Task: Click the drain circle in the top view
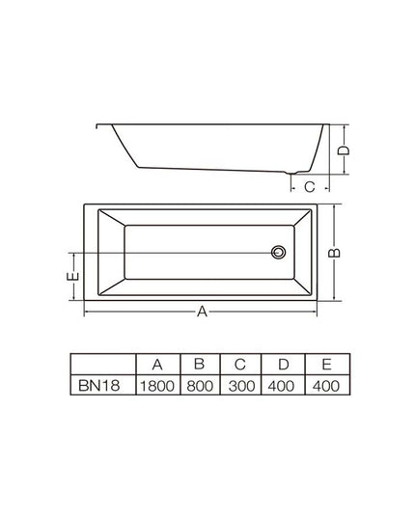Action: click(x=278, y=253)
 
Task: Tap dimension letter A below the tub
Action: click(x=202, y=312)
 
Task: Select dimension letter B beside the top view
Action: click(x=334, y=253)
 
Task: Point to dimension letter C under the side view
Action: click(x=310, y=187)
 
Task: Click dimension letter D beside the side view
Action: click(x=344, y=150)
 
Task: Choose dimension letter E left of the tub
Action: click(x=73, y=276)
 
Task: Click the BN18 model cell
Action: click(x=98, y=385)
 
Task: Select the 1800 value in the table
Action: click(x=157, y=386)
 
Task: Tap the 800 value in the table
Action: click(x=200, y=386)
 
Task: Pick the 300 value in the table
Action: click(x=241, y=386)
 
